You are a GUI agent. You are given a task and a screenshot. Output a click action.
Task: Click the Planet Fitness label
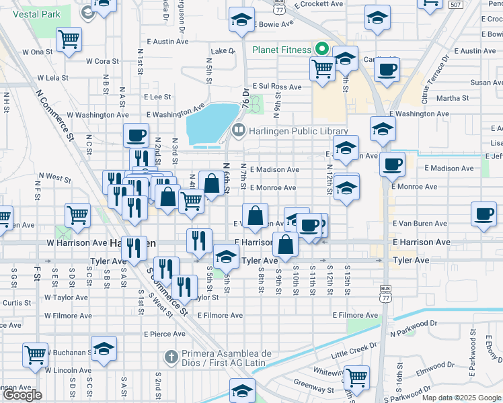[281, 50]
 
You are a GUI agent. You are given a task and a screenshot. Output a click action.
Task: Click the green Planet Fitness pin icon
[321, 49]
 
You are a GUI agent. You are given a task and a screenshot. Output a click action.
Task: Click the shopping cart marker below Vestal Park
[69, 40]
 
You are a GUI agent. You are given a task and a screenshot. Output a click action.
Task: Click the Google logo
[22, 395]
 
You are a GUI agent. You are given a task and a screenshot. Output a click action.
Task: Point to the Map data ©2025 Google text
[461, 398]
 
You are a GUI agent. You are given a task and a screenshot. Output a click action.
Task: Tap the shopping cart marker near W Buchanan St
[35, 354]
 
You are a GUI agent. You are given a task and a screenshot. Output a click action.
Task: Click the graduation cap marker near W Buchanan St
[104, 349]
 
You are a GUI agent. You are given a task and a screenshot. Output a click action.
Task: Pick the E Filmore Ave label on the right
[354, 315]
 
